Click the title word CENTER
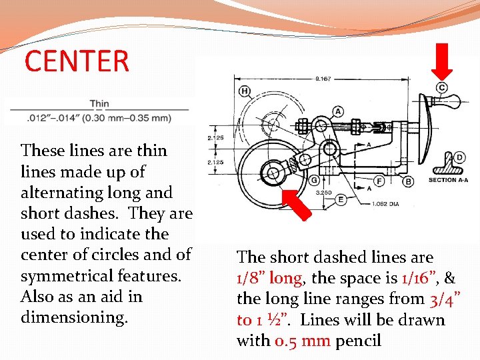point(77,61)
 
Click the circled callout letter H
point(245,91)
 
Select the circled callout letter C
point(442,88)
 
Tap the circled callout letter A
point(339,111)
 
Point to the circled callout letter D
point(459,158)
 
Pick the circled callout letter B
point(409,181)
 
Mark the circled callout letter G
point(313,180)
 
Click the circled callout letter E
point(341,199)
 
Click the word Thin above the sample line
point(99,103)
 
